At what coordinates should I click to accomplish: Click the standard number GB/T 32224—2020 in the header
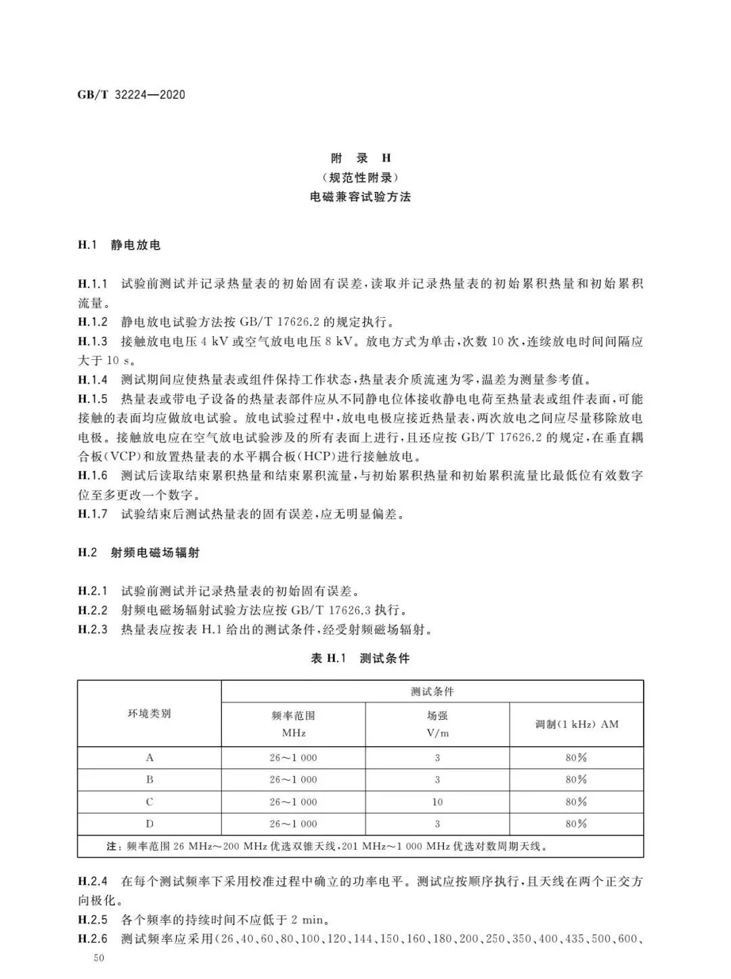(131, 95)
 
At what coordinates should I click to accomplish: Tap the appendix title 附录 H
(361, 158)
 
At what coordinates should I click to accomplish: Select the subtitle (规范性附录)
(361, 178)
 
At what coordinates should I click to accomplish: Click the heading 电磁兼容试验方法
(361, 198)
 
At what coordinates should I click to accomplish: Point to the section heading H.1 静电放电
(119, 245)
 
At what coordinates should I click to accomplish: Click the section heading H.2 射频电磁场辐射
(139, 553)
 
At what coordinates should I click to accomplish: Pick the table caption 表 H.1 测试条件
(360, 658)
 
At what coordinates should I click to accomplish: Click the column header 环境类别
(150, 714)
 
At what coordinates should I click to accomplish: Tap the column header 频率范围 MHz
(293, 724)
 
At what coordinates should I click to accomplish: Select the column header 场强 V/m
(437, 724)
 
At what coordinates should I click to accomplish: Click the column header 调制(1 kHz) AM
(577, 724)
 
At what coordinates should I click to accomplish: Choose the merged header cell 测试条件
(433, 691)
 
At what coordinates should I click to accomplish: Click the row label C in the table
(150, 802)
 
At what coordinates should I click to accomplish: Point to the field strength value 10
(437, 802)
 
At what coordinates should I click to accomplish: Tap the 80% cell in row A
(577, 758)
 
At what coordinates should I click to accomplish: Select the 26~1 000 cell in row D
(293, 824)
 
